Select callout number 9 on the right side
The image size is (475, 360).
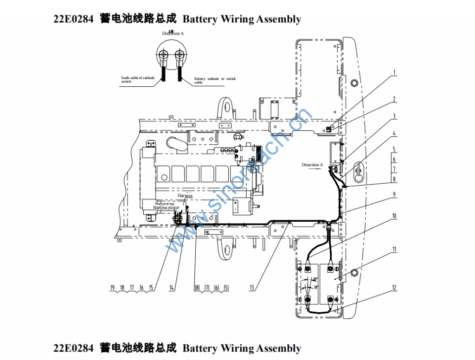coord(394,195)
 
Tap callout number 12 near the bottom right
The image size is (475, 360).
coord(394,288)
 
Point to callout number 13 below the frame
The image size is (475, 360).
coord(252,288)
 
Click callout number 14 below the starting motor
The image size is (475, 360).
coord(172,288)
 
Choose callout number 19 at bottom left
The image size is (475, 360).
coord(112,288)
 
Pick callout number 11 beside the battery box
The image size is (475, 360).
coord(394,249)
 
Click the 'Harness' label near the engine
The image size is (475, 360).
coord(185,196)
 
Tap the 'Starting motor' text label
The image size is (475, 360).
coord(166,207)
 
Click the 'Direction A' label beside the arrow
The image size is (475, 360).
coord(311,165)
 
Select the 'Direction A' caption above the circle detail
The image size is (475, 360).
coord(173,33)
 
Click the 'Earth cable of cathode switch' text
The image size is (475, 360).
coord(138,79)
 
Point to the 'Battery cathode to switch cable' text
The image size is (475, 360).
coord(215,80)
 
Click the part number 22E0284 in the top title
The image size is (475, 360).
coord(73,19)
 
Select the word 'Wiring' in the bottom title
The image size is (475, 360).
coord(237,348)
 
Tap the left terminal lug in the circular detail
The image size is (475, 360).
coord(163,57)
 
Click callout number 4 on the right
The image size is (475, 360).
coord(394,134)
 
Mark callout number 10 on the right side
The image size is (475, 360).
coord(394,216)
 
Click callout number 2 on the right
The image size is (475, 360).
coord(394,99)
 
